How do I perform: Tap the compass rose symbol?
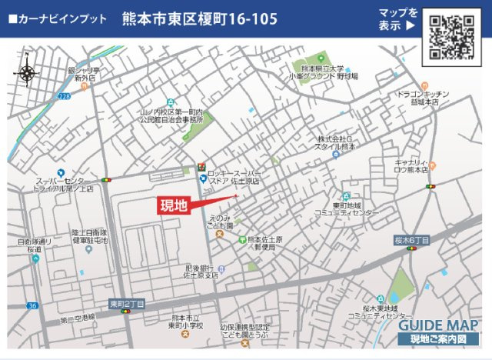coord(26,74)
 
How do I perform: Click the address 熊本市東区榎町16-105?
coord(199,19)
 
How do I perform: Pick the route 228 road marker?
coord(64,95)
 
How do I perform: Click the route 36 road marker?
coord(32,305)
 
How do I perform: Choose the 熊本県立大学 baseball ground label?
coord(324,72)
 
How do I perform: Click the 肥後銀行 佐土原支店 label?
coord(201,271)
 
